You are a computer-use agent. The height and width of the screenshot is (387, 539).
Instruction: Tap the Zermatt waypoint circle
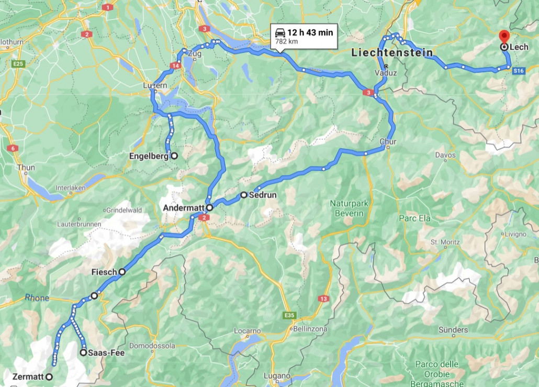pyautogui.click(x=49, y=377)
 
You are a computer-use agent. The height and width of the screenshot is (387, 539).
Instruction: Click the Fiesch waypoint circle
pyautogui.click(x=122, y=272)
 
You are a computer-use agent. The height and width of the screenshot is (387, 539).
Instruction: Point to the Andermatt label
pyautogui.click(x=184, y=208)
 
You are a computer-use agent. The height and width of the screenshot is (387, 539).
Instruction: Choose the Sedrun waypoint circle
pyautogui.click(x=244, y=195)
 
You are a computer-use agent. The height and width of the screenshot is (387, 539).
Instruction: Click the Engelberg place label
pyautogui.click(x=149, y=156)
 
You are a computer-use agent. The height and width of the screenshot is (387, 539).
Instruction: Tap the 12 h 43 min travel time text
pyautogui.click(x=310, y=32)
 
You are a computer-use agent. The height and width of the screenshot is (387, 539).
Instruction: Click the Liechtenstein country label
pyautogui.click(x=392, y=53)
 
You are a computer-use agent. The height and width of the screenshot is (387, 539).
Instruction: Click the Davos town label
pyautogui.click(x=445, y=155)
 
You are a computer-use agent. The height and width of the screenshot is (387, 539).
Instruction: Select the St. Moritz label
pyautogui.click(x=445, y=242)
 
